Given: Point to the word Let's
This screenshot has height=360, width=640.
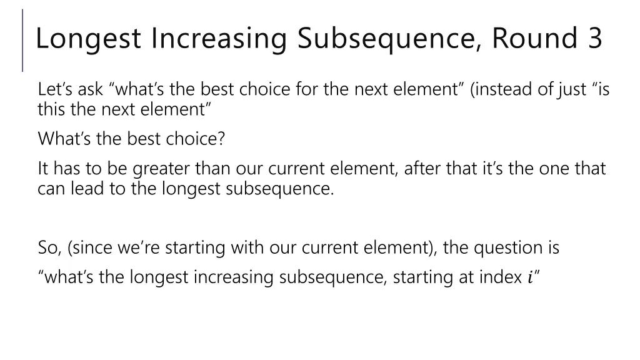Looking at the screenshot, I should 56,89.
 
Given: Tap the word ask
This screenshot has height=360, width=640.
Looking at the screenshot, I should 90,89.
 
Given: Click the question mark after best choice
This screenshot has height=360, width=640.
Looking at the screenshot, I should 221,138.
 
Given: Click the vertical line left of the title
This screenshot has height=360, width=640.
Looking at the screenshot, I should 23,40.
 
